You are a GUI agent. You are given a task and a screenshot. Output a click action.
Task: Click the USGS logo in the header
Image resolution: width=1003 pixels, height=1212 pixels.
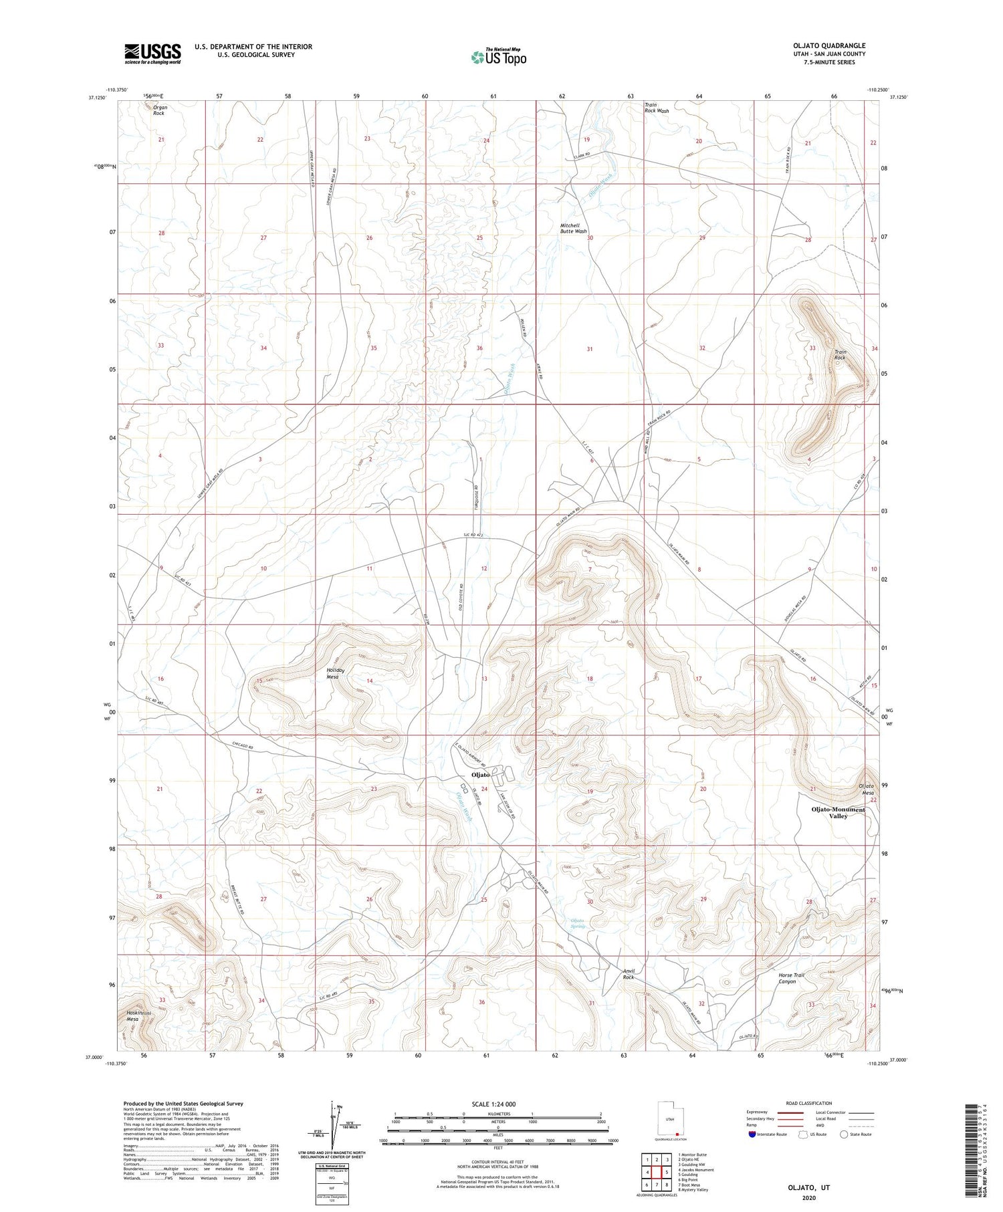(152, 53)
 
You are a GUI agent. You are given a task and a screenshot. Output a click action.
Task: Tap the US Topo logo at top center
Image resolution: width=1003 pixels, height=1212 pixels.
(498, 57)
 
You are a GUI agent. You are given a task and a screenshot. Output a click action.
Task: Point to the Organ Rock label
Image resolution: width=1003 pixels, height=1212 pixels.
(160, 110)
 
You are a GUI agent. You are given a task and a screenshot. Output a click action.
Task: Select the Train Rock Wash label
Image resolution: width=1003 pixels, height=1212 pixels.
(656, 108)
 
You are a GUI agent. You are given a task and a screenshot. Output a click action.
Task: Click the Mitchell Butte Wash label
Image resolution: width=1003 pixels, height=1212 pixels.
(573, 229)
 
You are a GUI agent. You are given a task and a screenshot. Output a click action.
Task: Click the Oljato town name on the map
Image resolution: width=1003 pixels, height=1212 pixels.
(481, 775)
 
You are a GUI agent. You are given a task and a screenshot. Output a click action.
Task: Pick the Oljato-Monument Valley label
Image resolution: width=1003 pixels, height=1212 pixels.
(838, 813)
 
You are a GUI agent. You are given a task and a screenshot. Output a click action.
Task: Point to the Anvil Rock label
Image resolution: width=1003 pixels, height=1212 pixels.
(628, 974)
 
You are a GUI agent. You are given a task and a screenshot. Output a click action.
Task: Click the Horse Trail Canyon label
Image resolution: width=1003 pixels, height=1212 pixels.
(791, 979)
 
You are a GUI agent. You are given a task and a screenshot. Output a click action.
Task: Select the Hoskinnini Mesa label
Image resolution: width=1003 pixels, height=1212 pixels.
(137, 1016)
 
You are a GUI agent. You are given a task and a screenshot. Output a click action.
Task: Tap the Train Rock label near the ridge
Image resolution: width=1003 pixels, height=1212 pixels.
(840, 355)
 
